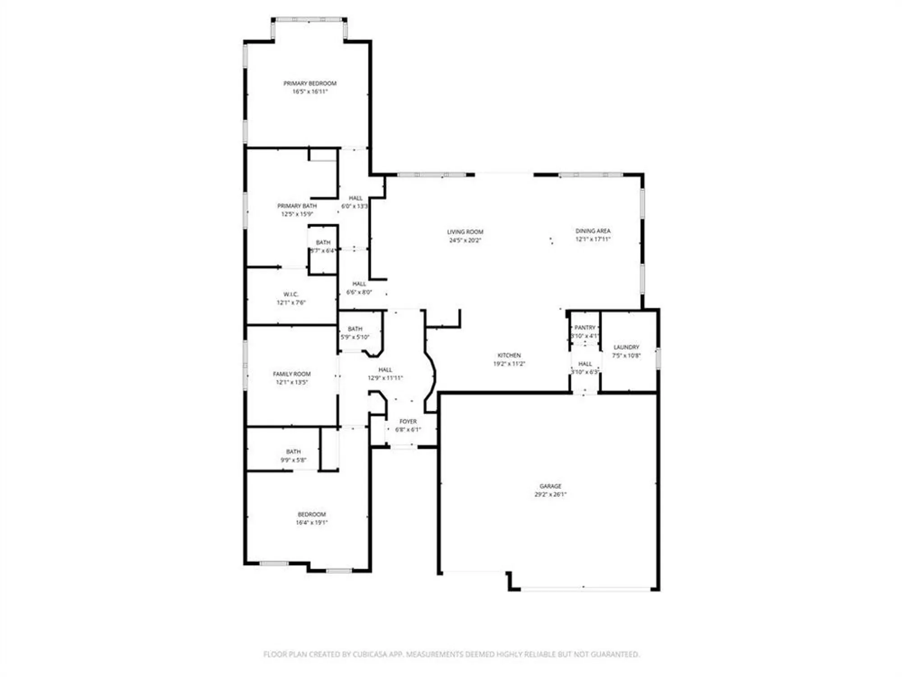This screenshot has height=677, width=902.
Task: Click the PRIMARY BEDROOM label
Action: click(310, 83)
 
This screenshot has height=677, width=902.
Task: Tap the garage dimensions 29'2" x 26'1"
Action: click(550, 494)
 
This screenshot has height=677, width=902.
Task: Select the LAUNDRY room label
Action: click(626, 347)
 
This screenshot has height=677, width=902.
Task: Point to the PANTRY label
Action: click(585, 327)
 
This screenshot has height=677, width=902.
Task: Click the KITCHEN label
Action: click(509, 355)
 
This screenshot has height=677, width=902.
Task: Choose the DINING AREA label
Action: click(593, 231)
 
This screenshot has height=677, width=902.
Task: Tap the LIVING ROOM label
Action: click(465, 232)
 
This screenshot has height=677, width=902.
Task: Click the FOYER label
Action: click(408, 421)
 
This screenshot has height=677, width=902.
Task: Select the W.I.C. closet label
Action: click(291, 294)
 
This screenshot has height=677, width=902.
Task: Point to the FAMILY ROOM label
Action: click(292, 374)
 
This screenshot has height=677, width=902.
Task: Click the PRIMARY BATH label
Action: click(297, 206)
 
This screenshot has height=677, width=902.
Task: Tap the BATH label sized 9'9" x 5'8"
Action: click(293, 451)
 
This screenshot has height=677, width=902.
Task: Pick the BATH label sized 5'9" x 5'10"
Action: click(355, 329)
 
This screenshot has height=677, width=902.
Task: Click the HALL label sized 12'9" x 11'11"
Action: click(385, 370)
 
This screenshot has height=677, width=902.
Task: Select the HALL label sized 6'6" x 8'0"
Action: click(359, 284)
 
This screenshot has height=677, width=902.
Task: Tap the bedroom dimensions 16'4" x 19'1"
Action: click(312, 523)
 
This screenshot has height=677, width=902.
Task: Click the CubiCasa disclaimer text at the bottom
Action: click(451, 654)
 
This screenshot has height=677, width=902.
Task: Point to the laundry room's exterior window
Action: click(658, 358)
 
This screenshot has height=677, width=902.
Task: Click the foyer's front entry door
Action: click(404, 446)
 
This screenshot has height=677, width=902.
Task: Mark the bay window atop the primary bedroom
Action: click(309, 20)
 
